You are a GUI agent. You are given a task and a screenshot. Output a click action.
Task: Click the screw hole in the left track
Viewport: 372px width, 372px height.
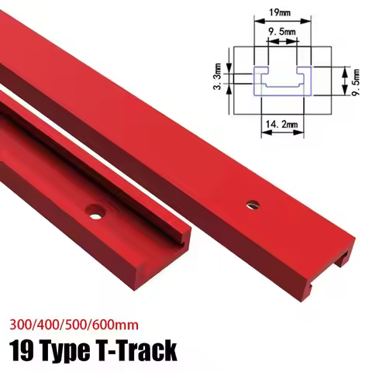tap(95, 209)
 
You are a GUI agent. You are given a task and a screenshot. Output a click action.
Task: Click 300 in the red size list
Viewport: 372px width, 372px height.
tap(21, 321)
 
